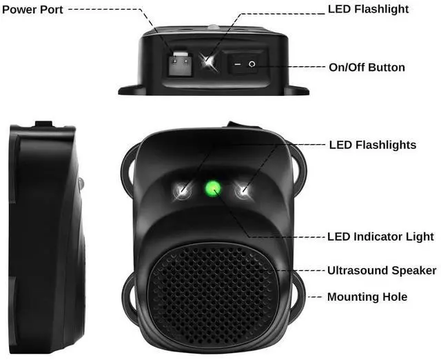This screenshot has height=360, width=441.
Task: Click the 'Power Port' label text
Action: [x=33, y=10]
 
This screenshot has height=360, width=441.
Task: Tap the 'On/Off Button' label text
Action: [x=367, y=68]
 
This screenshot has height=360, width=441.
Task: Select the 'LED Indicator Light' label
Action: [x=380, y=237]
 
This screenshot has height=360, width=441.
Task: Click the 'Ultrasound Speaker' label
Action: [x=381, y=270]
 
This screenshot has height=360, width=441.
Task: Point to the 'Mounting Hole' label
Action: [x=367, y=297]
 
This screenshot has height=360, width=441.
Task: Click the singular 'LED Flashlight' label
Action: [x=367, y=9]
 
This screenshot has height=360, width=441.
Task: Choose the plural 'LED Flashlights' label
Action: [x=372, y=145]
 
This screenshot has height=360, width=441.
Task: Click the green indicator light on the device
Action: [x=213, y=187]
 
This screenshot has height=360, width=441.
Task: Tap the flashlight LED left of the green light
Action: [x=183, y=190]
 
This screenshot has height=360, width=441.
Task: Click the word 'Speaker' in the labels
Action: [x=414, y=270]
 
